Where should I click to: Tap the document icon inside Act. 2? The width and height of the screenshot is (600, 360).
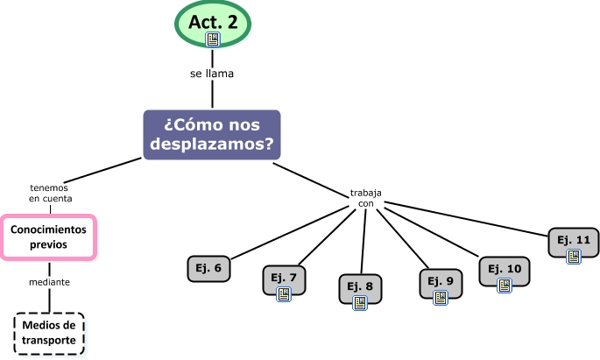pyautogui.click(x=213, y=39)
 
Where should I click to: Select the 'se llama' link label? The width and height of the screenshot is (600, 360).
pyautogui.click(x=212, y=74)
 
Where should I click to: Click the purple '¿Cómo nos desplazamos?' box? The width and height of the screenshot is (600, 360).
pyautogui.click(x=212, y=135)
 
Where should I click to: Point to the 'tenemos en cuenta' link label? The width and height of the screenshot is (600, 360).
pyautogui.click(x=49, y=193)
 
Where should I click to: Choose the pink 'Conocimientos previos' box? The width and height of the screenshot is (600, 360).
pyautogui.click(x=48, y=236)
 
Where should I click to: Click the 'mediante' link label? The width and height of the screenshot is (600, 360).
pyautogui.click(x=49, y=282)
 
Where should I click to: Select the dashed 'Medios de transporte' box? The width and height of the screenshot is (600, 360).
pyautogui.click(x=49, y=333)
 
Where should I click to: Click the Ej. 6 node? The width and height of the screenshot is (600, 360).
pyautogui.click(x=209, y=269)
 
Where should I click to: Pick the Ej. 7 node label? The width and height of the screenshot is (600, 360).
pyautogui.click(x=284, y=278)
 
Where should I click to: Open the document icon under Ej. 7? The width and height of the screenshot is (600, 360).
pyautogui.click(x=284, y=294)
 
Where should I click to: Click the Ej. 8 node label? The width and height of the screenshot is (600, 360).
pyautogui.click(x=360, y=286)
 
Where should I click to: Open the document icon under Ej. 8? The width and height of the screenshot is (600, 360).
pyautogui.click(x=360, y=302)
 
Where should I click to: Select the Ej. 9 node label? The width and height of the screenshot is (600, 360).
pyautogui.click(x=441, y=280)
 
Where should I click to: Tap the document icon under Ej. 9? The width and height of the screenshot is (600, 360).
pyautogui.click(x=441, y=297)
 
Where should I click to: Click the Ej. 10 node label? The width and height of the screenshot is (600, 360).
pyautogui.click(x=505, y=268)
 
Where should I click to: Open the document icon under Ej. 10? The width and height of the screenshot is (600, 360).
pyautogui.click(x=505, y=285)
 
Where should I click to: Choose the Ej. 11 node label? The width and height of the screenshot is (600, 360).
pyautogui.click(x=574, y=239)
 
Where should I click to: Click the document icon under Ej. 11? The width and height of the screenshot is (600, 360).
pyautogui.click(x=574, y=256)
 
